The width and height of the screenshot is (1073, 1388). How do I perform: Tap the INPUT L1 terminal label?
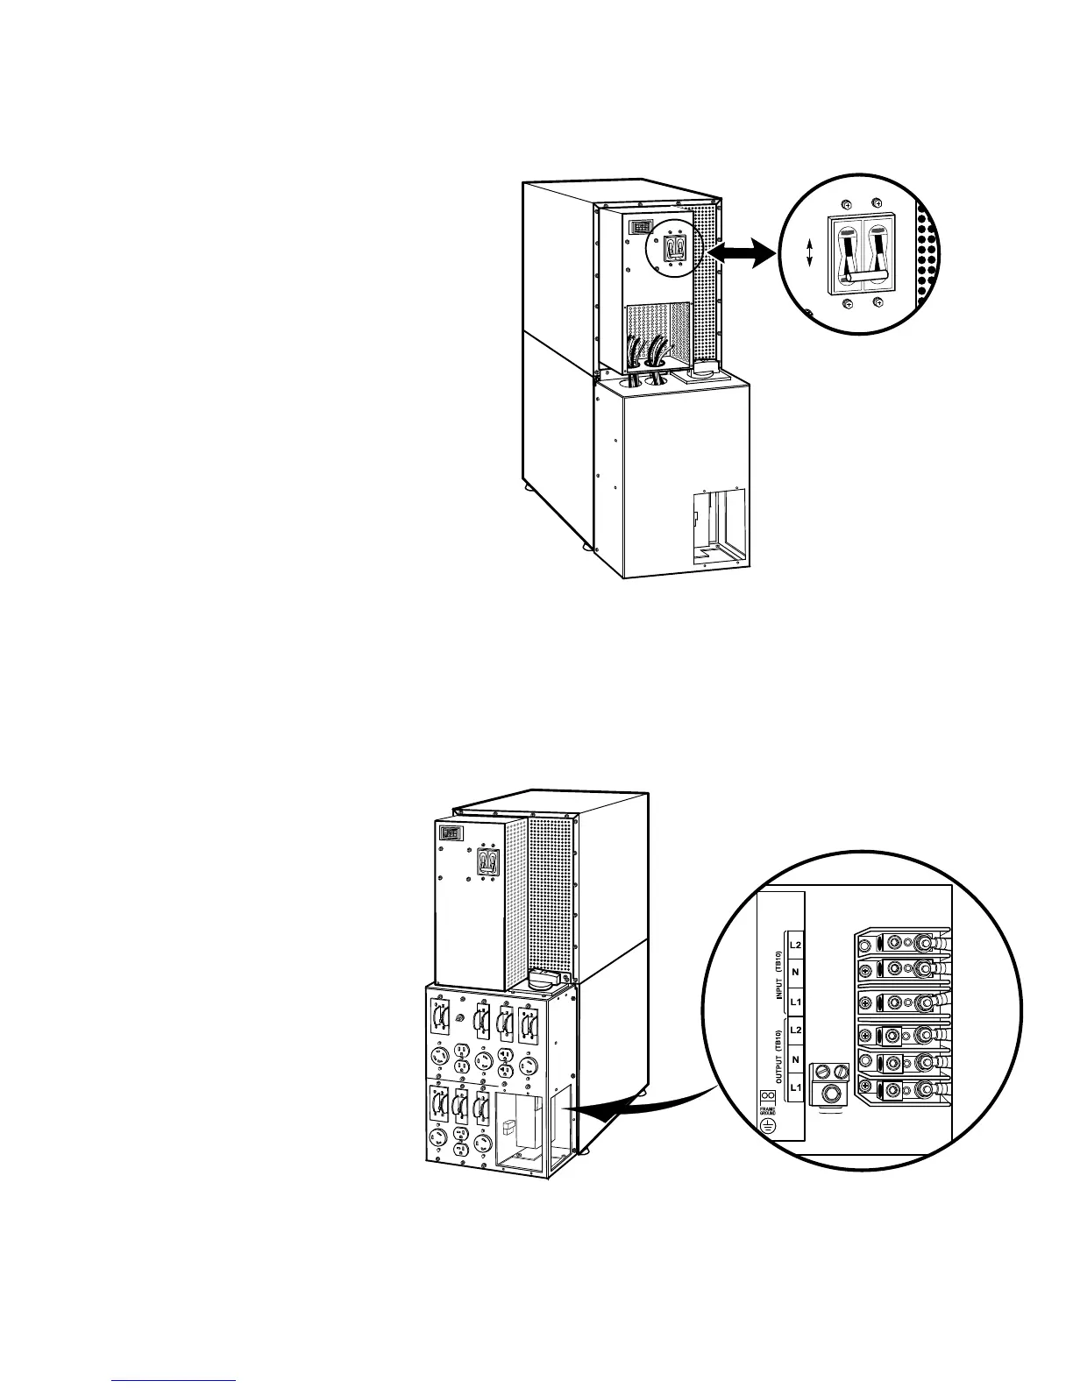(x=796, y=1001)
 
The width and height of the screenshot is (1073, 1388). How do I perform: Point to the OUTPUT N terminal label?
(x=796, y=1059)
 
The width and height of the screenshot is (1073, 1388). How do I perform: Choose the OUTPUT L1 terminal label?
(x=796, y=1087)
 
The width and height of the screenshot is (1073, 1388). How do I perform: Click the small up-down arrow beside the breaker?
(x=809, y=254)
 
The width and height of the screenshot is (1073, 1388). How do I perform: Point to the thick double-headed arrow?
(x=742, y=254)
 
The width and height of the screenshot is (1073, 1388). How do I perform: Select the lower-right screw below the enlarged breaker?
(x=878, y=304)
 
